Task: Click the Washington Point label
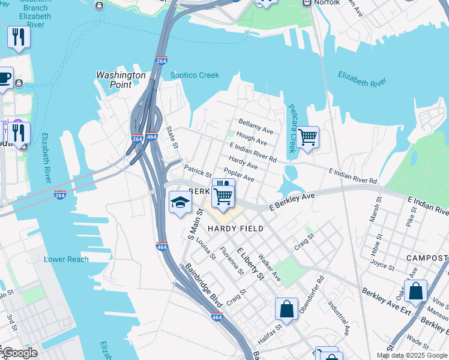[x=121, y=80]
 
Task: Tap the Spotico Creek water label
[x=194, y=75]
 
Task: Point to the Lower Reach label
[x=66, y=259]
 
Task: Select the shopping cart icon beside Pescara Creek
[x=307, y=137]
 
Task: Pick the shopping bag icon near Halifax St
[x=287, y=309]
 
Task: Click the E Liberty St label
[x=250, y=263]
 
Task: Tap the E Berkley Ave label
[x=291, y=200]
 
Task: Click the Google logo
[x=20, y=353]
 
